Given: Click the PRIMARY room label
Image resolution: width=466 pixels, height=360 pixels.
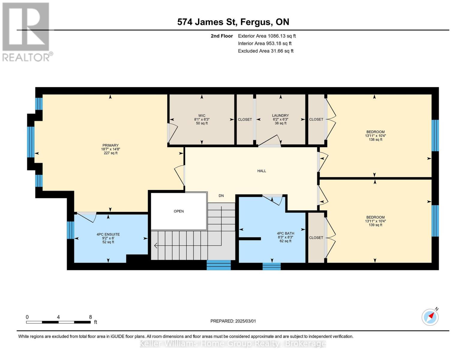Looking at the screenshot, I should tap(110, 145).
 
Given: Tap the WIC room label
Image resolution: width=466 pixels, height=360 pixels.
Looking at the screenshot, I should tap(202, 115).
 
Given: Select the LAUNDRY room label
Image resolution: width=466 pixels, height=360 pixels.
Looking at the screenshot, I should tap(280, 115).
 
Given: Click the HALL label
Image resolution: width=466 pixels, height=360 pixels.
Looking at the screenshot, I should tap(262, 171).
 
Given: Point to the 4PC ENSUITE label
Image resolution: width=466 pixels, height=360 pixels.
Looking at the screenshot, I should tap(108, 235).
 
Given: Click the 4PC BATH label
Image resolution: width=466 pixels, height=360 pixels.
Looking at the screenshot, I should tap(285, 233).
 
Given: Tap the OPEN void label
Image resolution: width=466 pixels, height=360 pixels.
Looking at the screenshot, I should tap(179, 211).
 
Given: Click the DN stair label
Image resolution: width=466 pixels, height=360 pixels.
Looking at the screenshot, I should tap(221, 196).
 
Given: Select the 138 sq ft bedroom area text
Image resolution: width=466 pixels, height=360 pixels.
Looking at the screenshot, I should tap(375, 139).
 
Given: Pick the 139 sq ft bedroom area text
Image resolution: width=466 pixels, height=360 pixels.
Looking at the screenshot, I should tap(375, 225).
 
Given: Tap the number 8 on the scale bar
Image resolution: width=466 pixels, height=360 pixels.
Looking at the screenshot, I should tap(90, 317).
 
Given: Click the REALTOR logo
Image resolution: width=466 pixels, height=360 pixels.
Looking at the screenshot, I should tap(26, 32).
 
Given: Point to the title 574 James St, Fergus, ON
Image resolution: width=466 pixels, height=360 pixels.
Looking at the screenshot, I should tap(233, 22).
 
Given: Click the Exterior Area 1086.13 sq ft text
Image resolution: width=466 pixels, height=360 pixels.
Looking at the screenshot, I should tap(267, 36).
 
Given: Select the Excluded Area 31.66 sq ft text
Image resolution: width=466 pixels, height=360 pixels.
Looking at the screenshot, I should tap(266, 51).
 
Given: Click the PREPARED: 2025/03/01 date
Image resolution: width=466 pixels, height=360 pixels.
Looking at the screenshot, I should tap(233, 321).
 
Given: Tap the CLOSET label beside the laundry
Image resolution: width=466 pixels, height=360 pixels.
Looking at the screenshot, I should tap(245, 119).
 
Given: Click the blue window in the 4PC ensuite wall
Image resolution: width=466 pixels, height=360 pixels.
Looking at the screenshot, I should tap(70, 230).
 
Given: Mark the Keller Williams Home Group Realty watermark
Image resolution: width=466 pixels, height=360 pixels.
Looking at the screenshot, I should tap(233, 343).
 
